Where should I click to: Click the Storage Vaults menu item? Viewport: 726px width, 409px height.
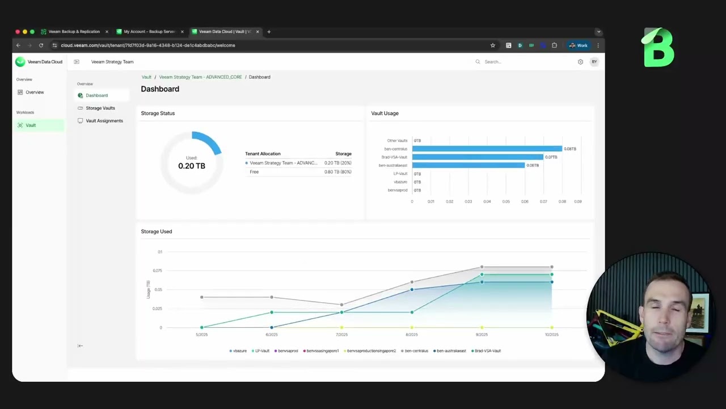(x=100, y=108)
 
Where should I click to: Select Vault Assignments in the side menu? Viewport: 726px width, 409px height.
(x=104, y=120)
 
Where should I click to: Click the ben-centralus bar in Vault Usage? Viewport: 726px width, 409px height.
(x=487, y=149)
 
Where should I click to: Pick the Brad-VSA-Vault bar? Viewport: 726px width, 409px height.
(x=478, y=157)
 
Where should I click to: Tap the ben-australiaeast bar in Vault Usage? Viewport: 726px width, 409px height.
(x=468, y=165)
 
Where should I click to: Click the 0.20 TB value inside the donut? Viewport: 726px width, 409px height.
(x=192, y=166)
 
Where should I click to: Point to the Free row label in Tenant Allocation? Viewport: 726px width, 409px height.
(x=254, y=172)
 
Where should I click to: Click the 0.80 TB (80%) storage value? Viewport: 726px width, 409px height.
(x=337, y=172)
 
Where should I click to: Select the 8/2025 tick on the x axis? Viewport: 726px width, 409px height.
(x=412, y=335)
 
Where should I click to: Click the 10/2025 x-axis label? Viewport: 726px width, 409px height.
(x=551, y=335)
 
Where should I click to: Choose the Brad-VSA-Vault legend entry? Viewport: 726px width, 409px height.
(x=487, y=351)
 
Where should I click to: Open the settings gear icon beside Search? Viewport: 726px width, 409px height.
(x=580, y=62)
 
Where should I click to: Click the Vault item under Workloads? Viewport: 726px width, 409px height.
(x=31, y=125)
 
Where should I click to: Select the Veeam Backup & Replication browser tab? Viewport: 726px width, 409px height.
(x=74, y=32)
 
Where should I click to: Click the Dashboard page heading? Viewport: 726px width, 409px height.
(x=160, y=89)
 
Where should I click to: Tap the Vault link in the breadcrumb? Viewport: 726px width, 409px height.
(x=146, y=77)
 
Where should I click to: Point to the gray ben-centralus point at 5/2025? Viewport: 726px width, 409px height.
(x=202, y=297)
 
